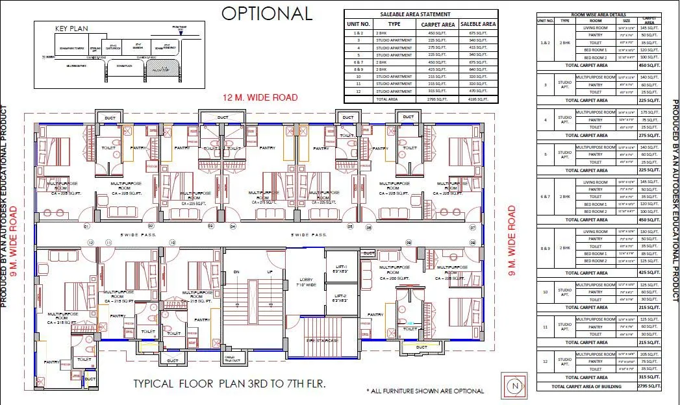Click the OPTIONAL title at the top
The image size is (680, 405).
pyautogui.click(x=267, y=14)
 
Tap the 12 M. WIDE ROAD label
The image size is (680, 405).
pyautogui.click(x=260, y=98)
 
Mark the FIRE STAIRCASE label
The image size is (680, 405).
pyautogui.click(x=323, y=339)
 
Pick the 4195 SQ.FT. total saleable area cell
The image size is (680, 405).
pyautogui.click(x=478, y=99)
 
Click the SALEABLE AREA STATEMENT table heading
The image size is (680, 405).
pyautogui.click(x=421, y=14)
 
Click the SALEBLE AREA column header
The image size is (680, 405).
pyautogui.click(x=478, y=24)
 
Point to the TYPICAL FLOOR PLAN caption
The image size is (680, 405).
pyautogui.click(x=229, y=384)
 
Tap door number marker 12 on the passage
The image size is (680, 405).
pyautogui.click(x=91, y=242)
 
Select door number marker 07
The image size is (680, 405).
pyautogui.click(x=473, y=227)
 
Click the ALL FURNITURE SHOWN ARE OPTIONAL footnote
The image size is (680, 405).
pyautogui.click(x=425, y=391)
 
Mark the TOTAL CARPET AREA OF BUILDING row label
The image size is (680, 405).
pyautogui.click(x=586, y=387)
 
